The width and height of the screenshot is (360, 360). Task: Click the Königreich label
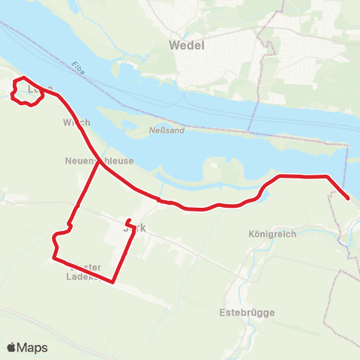[x=271, y=234]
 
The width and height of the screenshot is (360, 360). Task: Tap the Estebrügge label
[x=247, y=312]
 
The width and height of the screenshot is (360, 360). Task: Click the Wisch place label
[x=77, y=122]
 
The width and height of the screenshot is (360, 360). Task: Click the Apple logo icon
[x=12, y=347]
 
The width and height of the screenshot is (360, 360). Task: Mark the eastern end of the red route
[x=348, y=198]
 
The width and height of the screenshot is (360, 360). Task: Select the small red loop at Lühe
[x=28, y=91]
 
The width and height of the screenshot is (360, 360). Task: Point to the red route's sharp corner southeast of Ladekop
[x=112, y=282]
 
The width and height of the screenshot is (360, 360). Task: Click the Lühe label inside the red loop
[x=33, y=91]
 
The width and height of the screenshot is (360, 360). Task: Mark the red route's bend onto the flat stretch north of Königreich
[x=279, y=177]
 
